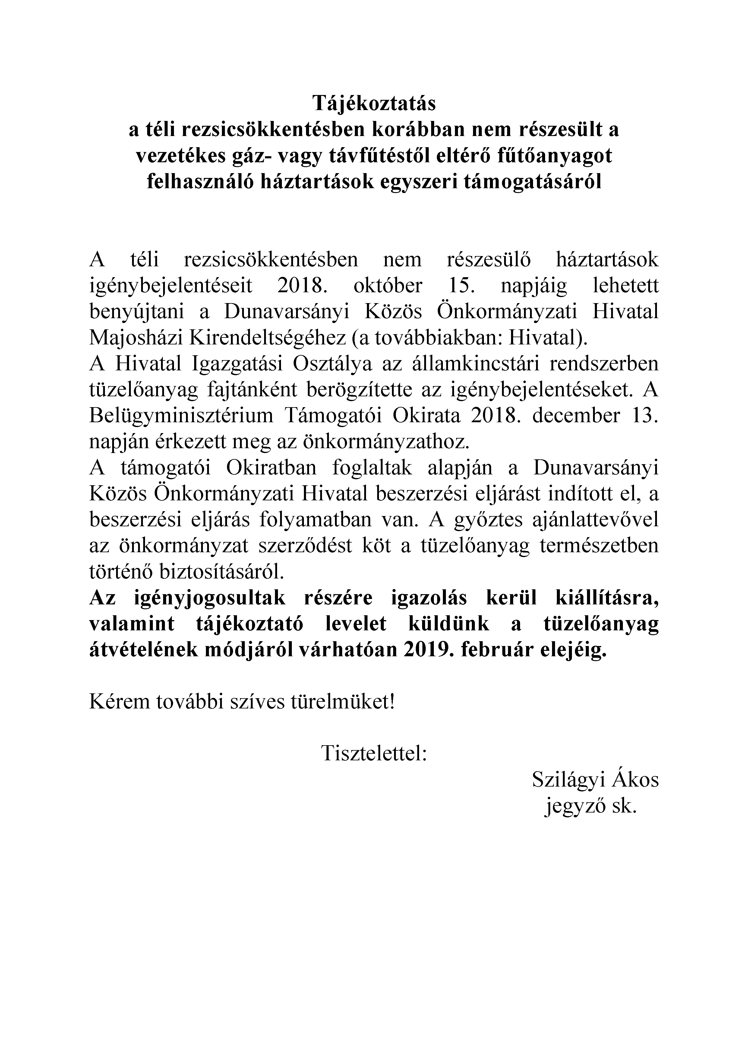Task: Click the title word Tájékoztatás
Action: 374,104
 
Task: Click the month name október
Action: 388,286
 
